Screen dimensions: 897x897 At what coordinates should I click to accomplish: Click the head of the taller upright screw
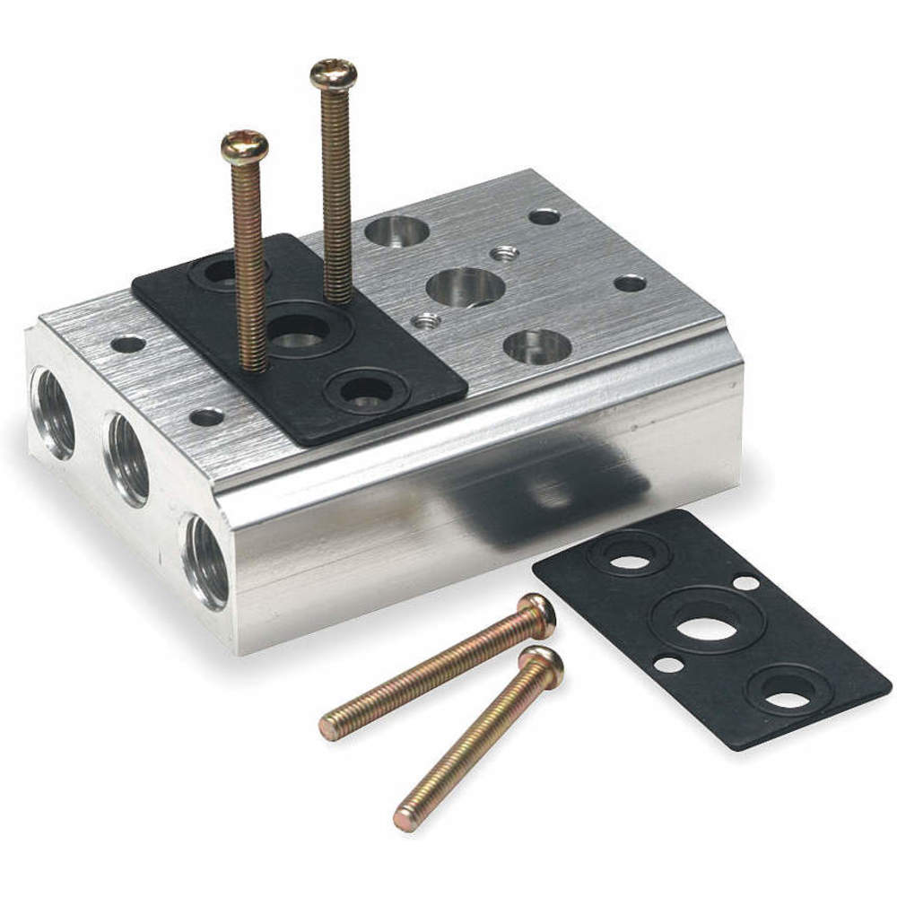[334, 74]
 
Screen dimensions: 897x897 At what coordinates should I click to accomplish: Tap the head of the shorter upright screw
[245, 146]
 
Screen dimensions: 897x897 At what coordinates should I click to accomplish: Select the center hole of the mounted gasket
[300, 335]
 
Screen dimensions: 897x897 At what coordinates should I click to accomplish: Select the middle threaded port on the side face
[128, 458]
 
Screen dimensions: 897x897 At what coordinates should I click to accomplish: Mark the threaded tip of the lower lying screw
[409, 816]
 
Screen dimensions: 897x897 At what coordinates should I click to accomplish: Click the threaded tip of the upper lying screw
[332, 724]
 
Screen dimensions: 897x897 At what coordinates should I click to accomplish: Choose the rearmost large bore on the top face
[396, 231]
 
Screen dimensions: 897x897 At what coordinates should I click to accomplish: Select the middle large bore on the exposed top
[466, 287]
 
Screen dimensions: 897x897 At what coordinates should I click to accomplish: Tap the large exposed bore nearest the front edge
[537, 346]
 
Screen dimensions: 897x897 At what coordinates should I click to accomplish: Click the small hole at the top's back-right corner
[544, 216]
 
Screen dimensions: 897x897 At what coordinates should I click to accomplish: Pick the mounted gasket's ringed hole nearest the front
[366, 391]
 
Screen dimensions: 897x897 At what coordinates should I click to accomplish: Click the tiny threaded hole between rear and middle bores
[504, 253]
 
